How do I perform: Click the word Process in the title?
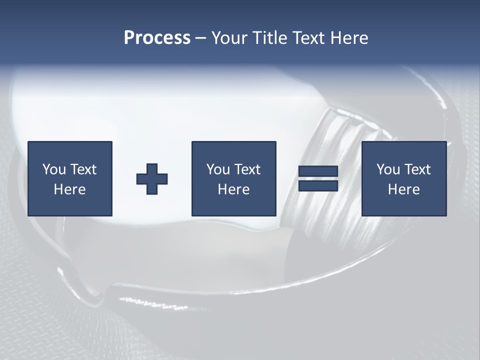[157, 38]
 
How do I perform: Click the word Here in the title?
[350, 38]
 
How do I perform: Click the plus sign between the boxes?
[152, 179]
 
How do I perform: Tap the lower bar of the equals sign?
[318, 185]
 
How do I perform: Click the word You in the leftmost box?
[54, 169]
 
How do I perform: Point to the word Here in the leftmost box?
[69, 189]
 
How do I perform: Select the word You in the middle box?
[218, 169]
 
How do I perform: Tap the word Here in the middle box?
[233, 189]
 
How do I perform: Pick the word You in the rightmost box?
[388, 169]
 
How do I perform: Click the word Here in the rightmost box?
[403, 189]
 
